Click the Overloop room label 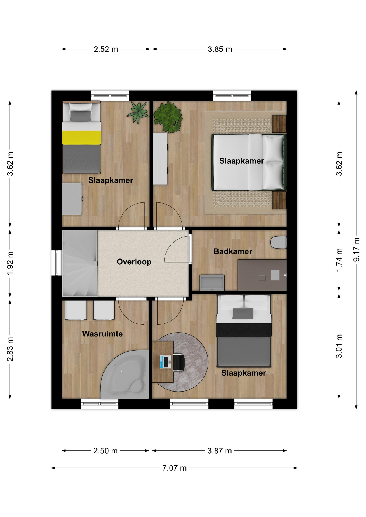134,262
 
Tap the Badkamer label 233,251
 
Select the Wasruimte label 102,334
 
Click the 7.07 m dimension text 174,468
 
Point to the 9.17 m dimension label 357,250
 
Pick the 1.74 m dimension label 339,260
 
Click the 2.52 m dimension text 106,49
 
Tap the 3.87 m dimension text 219,451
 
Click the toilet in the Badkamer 278,242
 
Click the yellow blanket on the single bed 81,137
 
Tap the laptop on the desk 165,362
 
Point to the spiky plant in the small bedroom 138,113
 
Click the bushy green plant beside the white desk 168,117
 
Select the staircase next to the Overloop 80,263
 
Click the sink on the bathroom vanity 275,275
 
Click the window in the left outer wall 57,263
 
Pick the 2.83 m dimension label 10,349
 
